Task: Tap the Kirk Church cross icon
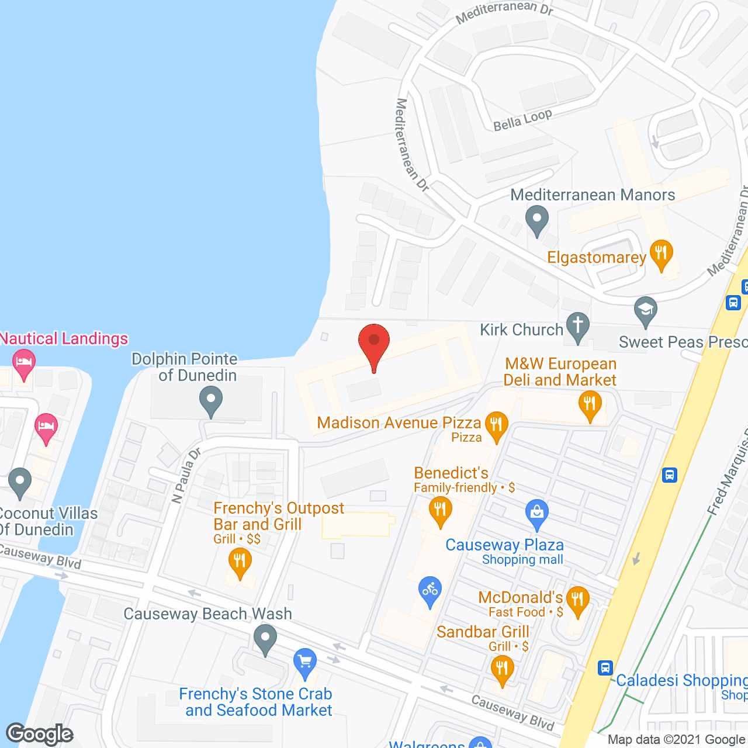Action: (x=577, y=327)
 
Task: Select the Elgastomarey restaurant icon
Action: (x=661, y=255)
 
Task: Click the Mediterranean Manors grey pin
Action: (x=536, y=220)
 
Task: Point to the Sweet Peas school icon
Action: (x=645, y=311)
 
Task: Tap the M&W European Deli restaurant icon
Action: (x=590, y=406)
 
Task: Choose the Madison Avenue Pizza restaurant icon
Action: (x=496, y=426)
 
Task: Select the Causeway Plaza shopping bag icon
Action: (x=536, y=514)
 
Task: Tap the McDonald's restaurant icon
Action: (x=577, y=601)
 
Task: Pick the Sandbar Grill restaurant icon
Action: (x=502, y=670)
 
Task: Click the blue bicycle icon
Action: (x=430, y=591)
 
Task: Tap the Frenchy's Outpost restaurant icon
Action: (x=240, y=563)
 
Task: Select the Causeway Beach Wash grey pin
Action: (x=265, y=639)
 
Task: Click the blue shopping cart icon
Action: (x=304, y=663)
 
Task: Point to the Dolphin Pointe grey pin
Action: (x=211, y=401)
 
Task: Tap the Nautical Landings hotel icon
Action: (x=24, y=364)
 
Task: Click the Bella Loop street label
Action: (x=522, y=120)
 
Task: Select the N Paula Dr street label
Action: (x=186, y=475)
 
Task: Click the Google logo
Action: (x=40, y=734)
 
